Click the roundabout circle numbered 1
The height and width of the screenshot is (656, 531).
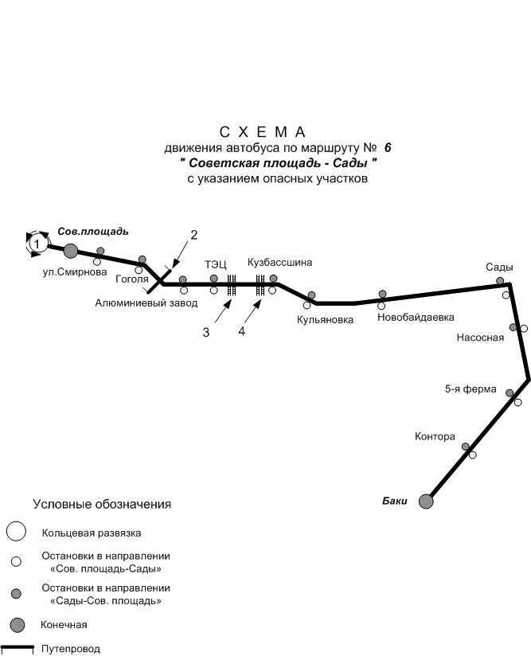click(x=36, y=244)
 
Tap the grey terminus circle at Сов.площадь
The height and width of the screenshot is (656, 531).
click(x=71, y=251)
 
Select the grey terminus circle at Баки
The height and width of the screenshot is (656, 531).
click(x=427, y=501)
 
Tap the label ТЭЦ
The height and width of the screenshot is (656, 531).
click(x=216, y=264)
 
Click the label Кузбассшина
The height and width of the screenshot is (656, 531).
click(x=280, y=262)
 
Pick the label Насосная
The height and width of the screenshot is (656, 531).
click(x=481, y=338)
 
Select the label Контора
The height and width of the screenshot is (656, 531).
click(x=435, y=436)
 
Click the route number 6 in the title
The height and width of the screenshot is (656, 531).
click(x=388, y=147)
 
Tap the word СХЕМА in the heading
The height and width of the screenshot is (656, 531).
click(x=264, y=131)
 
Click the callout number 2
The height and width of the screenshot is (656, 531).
click(x=193, y=234)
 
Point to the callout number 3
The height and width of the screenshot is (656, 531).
click(x=205, y=332)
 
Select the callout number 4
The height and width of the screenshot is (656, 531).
click(x=242, y=331)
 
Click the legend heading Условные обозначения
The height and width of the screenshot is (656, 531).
click(x=102, y=504)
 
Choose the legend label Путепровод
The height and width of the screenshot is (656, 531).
click(x=72, y=649)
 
